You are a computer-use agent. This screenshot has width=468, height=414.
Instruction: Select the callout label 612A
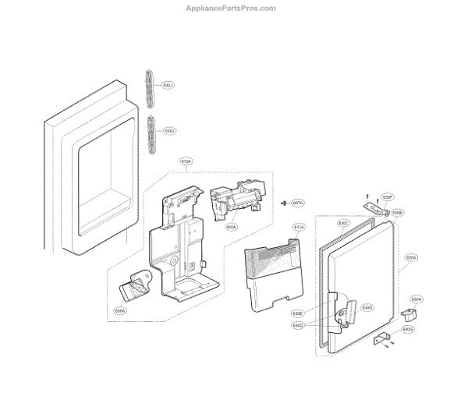(186, 161)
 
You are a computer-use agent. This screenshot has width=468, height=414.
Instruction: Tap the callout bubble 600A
(231, 228)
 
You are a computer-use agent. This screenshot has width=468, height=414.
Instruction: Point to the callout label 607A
(298, 203)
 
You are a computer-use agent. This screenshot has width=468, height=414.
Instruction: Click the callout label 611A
(300, 228)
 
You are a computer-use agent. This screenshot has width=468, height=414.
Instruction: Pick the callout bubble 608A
(120, 310)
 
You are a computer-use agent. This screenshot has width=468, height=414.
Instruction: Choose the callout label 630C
(343, 224)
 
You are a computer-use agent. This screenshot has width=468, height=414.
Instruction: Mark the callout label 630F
(388, 196)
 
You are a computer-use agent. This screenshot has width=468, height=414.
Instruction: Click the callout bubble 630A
(411, 257)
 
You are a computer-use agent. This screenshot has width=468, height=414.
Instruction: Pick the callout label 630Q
(320, 324)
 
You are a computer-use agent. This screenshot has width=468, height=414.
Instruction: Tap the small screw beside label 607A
(282, 203)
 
